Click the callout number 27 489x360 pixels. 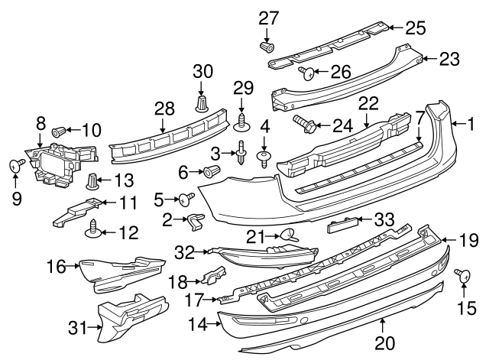pyautogui.click(x=268, y=18)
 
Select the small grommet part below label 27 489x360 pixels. pyautogui.click(x=267, y=47)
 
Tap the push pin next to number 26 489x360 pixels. pyautogui.click(x=306, y=73)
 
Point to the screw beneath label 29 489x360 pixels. pyautogui.click(x=244, y=121)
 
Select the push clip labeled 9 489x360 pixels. pyautogui.click(x=15, y=164)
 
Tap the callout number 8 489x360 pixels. pyautogui.click(x=40, y=122)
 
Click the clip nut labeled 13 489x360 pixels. pyautogui.click(x=92, y=182)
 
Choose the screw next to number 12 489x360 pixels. pyautogui.click(x=95, y=225)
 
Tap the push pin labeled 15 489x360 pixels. pyautogui.click(x=461, y=275)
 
